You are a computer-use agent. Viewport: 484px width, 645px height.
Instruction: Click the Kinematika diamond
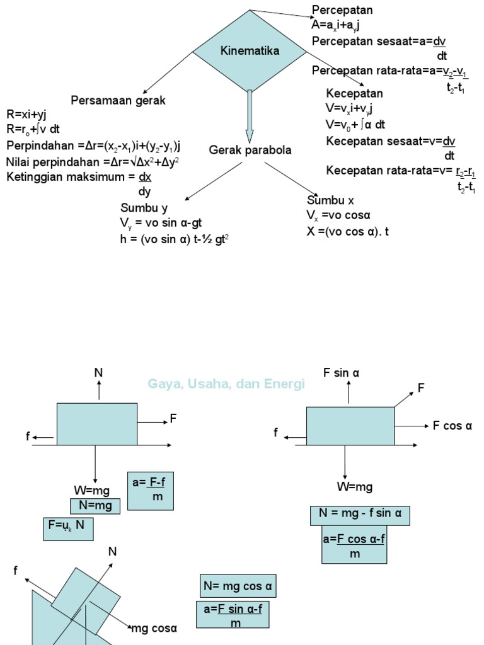pyautogui.click(x=250, y=50)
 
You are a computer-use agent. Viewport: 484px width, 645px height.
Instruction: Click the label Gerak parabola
pyautogui.click(x=250, y=151)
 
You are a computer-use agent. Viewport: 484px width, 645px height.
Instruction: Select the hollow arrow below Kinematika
pyautogui.click(x=250, y=117)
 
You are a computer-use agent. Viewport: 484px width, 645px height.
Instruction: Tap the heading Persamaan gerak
pyautogui.click(x=118, y=100)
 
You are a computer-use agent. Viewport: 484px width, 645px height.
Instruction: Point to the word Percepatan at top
pyautogui.click(x=342, y=10)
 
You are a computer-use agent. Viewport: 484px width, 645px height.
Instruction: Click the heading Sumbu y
pyautogui.click(x=144, y=208)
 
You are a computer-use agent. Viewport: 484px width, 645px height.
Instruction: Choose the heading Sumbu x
pyautogui.click(x=330, y=200)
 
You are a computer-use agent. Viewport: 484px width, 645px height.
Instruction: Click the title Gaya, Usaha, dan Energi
pyautogui.click(x=226, y=384)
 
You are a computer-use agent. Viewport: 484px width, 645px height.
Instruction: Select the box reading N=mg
pyautogui.click(x=95, y=506)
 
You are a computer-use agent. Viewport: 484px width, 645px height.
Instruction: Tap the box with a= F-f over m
pyautogui.click(x=150, y=490)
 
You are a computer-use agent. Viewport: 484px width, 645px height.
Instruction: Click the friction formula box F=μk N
pyautogui.click(x=68, y=528)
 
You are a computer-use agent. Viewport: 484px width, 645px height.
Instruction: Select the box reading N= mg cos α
pyautogui.click(x=238, y=586)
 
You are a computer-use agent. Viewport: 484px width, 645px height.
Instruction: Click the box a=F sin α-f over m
pyautogui.click(x=233, y=615)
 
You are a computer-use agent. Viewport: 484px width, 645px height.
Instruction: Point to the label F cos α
pyautogui.click(x=452, y=426)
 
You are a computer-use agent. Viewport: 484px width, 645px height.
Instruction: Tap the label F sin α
pyautogui.click(x=341, y=373)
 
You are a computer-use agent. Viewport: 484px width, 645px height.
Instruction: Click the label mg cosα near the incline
pyautogui.click(x=154, y=628)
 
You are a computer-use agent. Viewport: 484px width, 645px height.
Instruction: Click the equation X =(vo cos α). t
pyautogui.click(x=348, y=231)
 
